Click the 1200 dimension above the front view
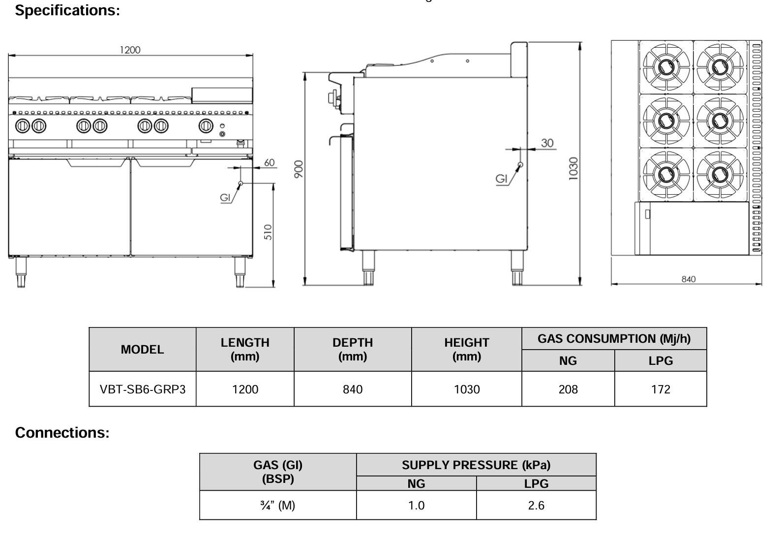[x=130, y=50]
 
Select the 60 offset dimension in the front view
[x=270, y=162]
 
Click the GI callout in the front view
[x=225, y=198]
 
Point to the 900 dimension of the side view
[x=298, y=169]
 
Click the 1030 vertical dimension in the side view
[x=573, y=169]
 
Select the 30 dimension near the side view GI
[x=547, y=143]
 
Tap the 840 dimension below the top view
[x=688, y=279]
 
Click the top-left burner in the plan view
[x=665, y=66]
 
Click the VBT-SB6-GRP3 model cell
[x=143, y=389]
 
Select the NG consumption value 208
[x=568, y=389]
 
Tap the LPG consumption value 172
[x=661, y=389]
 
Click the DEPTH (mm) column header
[x=353, y=349]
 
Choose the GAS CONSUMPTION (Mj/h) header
[x=614, y=339]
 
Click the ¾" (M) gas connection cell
[x=278, y=506]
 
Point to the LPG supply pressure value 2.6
[x=536, y=506]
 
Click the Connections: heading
[x=62, y=433]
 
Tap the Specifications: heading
[x=67, y=10]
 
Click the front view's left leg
[x=21, y=271]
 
